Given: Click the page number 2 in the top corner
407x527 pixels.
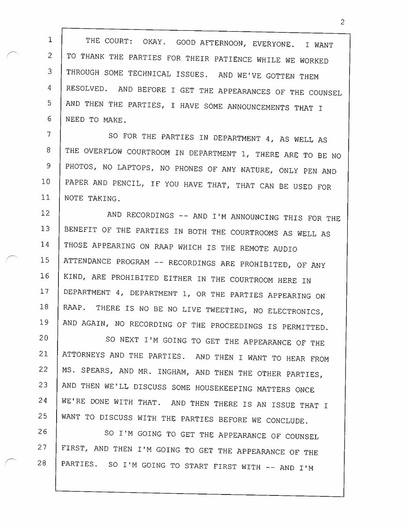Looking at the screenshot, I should click(342, 23).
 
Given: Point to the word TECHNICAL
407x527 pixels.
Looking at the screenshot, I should click(136, 74).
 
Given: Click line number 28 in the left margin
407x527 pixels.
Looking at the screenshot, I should click(42, 462).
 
